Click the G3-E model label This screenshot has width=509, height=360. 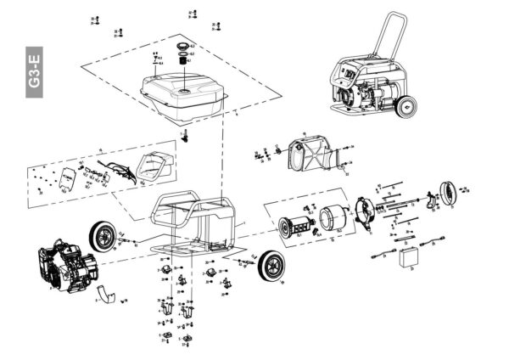tap(35, 73)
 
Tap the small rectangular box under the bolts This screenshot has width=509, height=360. tap(413, 256)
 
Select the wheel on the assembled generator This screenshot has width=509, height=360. tap(406, 109)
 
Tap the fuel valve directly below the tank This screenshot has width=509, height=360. tap(184, 136)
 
